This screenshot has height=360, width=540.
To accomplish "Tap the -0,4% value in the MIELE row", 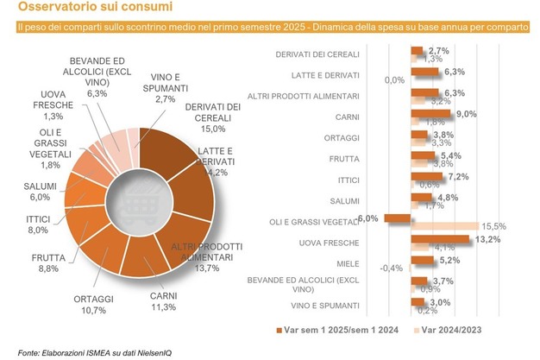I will tap(392, 267).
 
